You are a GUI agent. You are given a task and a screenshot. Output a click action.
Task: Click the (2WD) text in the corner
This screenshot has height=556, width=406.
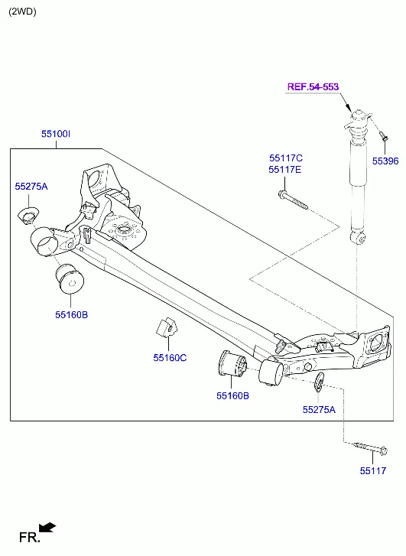pos(22,11)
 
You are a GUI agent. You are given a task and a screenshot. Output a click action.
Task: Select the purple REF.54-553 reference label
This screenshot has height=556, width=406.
pos(313,87)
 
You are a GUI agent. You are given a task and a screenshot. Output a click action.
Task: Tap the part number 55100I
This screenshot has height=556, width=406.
pos(56,134)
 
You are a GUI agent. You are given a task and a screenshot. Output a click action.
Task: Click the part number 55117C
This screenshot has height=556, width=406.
pos(286,158)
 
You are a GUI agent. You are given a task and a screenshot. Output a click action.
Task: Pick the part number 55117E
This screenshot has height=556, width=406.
pos(284,170)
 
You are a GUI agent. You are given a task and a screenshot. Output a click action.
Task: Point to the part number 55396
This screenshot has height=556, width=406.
pos(385,161)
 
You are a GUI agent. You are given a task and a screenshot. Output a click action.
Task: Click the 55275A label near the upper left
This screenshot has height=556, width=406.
pos(31,187)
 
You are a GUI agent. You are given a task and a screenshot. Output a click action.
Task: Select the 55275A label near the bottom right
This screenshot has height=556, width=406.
pos(319,410)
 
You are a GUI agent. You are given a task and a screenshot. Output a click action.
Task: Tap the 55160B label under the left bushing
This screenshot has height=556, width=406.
pos(71,314)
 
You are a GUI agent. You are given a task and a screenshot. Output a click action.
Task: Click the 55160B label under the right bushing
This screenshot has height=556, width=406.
pos(232,395)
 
